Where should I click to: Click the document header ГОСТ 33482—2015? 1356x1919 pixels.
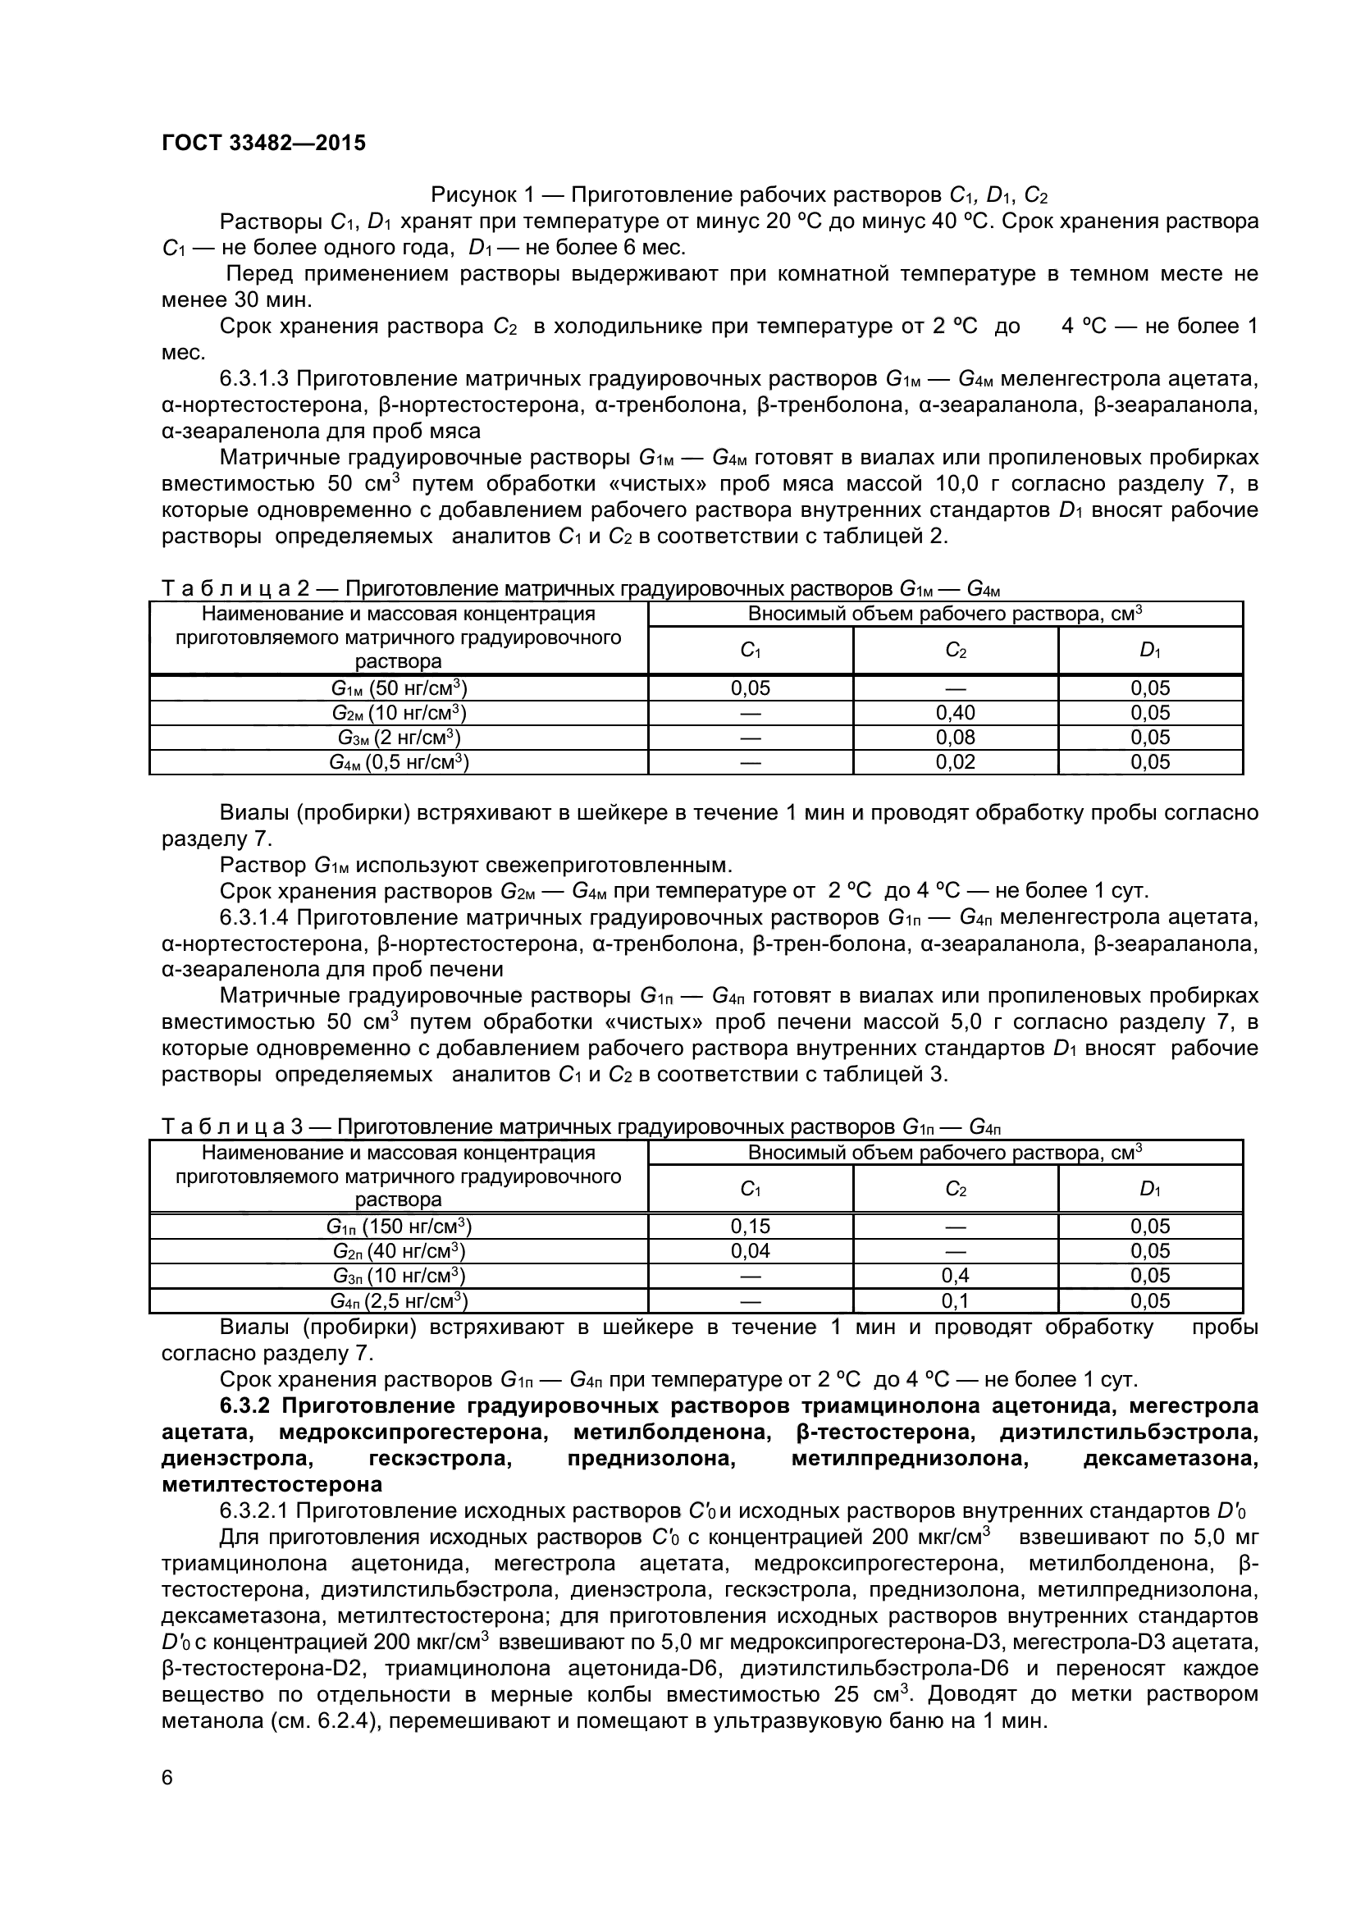click(x=263, y=144)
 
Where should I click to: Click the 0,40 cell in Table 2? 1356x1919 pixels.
click(x=955, y=713)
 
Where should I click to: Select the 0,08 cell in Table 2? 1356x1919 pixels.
click(x=955, y=738)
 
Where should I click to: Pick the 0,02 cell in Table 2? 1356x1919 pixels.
click(x=955, y=761)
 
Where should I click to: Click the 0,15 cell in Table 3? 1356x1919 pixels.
click(x=751, y=1226)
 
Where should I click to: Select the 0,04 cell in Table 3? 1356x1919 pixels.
click(x=751, y=1250)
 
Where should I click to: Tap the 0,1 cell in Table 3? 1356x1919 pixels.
click(x=955, y=1300)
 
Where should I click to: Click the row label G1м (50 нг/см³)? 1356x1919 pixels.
click(x=399, y=688)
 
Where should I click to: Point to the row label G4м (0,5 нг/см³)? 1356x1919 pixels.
click(x=399, y=761)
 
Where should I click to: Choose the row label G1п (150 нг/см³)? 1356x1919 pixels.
click(x=399, y=1226)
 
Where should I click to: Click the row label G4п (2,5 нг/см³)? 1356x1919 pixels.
click(x=399, y=1300)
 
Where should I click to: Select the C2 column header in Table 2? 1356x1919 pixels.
click(x=955, y=651)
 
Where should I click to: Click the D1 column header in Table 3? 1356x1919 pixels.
click(x=1150, y=1189)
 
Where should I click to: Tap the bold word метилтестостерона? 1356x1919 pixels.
click(x=272, y=1484)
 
